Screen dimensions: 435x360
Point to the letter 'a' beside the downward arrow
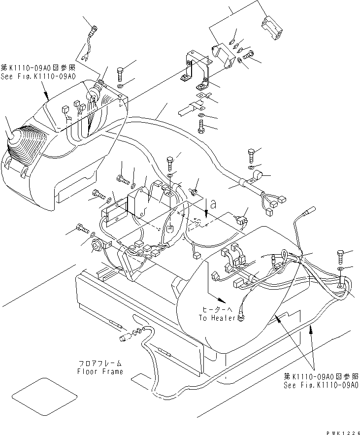tap(212, 203)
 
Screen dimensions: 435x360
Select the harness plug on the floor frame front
tap(124, 338)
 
